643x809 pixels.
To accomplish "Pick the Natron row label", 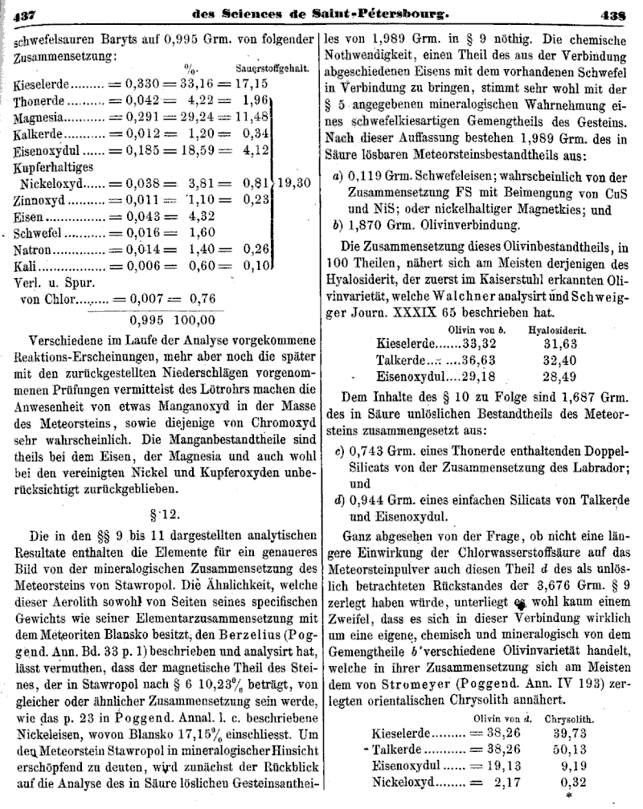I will tap(34, 251).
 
